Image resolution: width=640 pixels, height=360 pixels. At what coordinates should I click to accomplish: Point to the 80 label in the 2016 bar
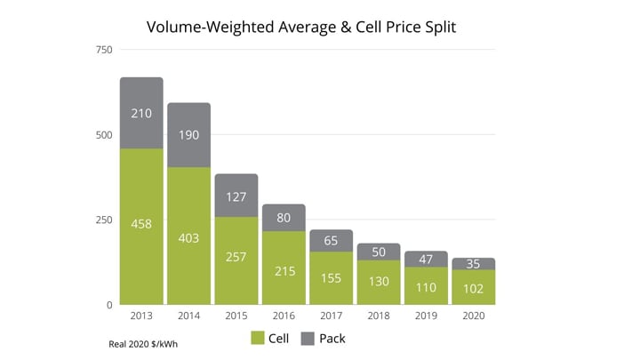[x=283, y=216]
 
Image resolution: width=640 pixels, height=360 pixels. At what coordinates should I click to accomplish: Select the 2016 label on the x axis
[x=283, y=316]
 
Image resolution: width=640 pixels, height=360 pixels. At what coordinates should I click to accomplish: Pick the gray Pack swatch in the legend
[x=308, y=338]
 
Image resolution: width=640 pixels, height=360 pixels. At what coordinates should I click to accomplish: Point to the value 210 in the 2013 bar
[x=141, y=114]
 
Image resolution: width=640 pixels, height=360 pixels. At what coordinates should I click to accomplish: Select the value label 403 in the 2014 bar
[x=188, y=237]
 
